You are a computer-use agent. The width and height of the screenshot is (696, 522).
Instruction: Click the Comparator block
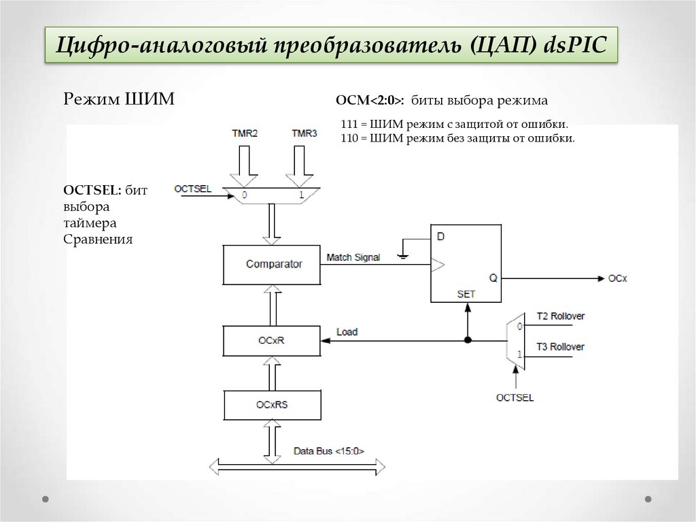(271, 264)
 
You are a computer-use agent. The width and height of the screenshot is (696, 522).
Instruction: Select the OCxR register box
(271, 340)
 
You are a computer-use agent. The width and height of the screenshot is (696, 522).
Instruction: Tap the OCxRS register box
(271, 404)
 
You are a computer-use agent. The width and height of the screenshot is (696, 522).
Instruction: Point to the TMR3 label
(304, 133)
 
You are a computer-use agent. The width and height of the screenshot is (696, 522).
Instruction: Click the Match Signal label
(353, 257)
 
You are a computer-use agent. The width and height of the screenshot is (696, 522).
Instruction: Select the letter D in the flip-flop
(440, 237)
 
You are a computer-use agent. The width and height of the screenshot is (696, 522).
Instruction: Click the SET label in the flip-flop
(466, 294)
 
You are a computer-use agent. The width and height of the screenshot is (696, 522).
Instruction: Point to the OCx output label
(617, 278)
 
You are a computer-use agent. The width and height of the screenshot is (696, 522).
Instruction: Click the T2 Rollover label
(560, 316)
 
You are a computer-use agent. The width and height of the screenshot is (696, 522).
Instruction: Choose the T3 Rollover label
(560, 347)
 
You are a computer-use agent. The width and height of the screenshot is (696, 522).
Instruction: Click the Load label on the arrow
(347, 332)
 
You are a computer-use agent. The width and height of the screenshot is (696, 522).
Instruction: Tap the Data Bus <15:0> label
(329, 451)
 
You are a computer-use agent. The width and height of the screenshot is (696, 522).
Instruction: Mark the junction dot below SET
(468, 340)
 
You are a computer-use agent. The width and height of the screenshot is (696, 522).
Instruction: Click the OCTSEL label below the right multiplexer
(515, 397)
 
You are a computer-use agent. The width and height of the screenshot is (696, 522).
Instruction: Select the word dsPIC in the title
(573, 46)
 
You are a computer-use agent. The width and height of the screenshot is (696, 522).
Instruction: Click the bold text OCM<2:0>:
(370, 101)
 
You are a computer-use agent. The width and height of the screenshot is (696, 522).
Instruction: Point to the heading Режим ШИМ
(119, 99)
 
